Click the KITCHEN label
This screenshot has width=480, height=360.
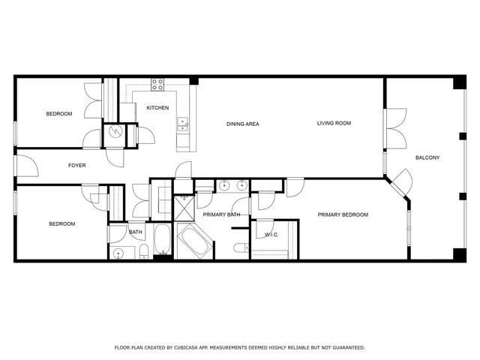(157, 108)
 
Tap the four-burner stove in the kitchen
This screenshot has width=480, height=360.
(158, 84)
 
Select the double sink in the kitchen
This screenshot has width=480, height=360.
(182, 124)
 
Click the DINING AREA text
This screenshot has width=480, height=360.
(242, 124)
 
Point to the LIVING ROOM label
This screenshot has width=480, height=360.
(334, 123)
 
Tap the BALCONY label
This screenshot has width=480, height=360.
(427, 157)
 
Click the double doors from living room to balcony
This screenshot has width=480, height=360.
(394, 129)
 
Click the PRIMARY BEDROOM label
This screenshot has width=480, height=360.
(343, 215)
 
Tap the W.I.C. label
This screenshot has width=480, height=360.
(271, 235)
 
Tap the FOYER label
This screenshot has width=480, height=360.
(76, 165)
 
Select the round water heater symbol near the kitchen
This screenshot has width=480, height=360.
(115, 132)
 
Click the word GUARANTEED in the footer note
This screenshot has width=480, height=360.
(346, 348)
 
